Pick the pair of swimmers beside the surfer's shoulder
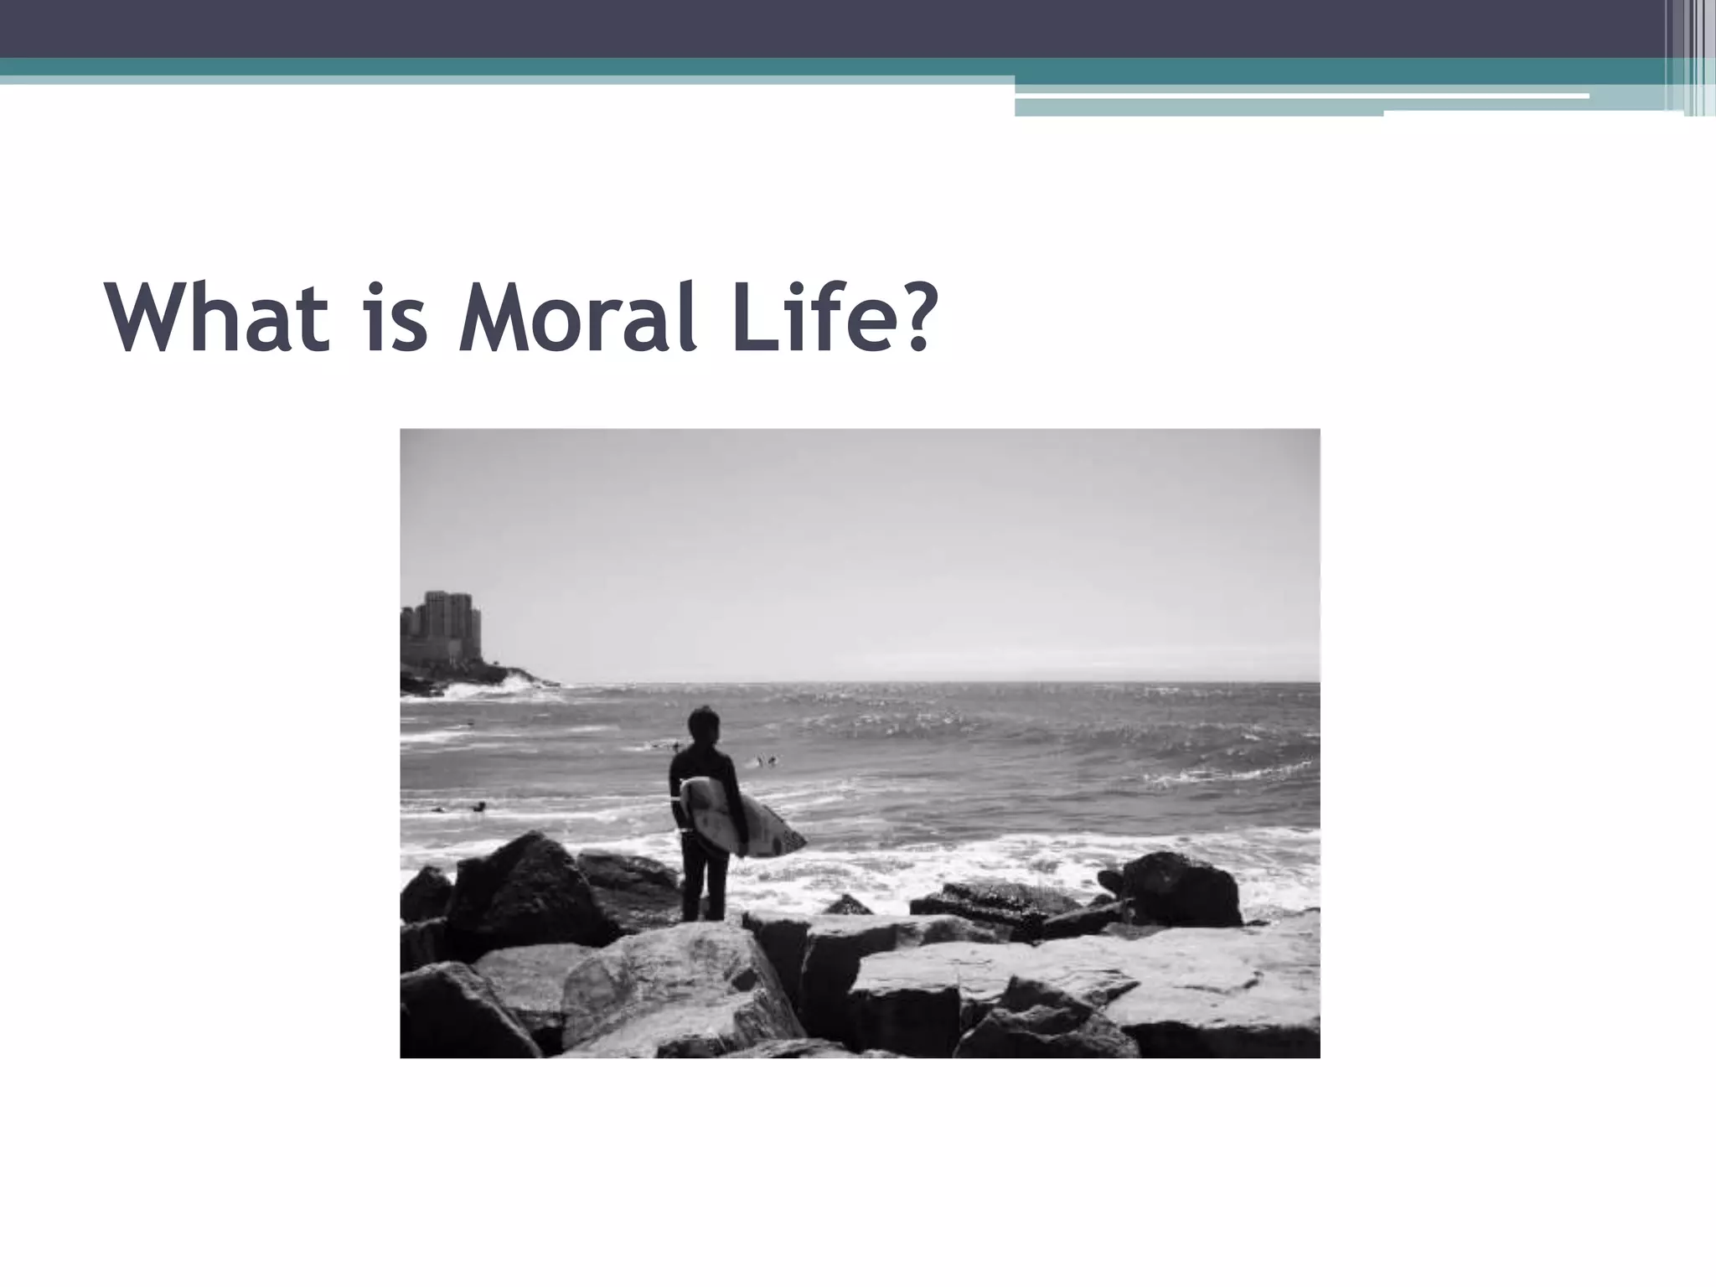pyautogui.click(x=765, y=762)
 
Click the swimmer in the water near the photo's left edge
pyautogui.click(x=478, y=807)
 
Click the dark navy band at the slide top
pyautogui.click(x=838, y=27)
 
